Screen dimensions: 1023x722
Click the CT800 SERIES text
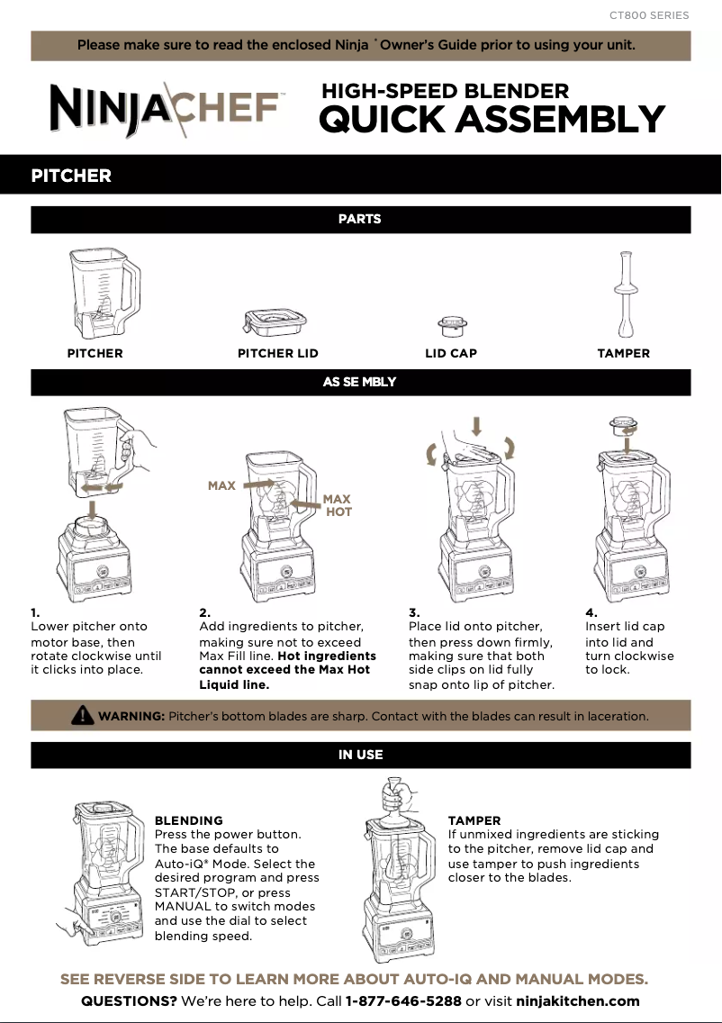648,15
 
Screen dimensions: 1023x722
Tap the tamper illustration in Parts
623,293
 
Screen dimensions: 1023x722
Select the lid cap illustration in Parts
451,325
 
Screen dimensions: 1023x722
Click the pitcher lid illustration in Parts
275,322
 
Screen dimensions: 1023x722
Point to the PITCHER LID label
277,354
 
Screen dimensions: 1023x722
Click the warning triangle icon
82,716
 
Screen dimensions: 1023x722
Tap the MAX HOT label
338,505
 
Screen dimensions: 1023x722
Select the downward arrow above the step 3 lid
476,425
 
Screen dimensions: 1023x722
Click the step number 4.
591,612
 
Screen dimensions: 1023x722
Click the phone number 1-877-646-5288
403,1001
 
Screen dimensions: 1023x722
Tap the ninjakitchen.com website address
578,1001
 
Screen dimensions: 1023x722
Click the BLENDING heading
188,820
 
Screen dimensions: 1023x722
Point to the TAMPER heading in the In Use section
474,820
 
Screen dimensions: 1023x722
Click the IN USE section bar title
360,755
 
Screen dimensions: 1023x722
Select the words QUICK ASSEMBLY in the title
492,120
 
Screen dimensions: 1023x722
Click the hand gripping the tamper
395,796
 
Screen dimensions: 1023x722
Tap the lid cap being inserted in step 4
620,423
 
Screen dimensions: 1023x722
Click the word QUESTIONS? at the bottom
129,1001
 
